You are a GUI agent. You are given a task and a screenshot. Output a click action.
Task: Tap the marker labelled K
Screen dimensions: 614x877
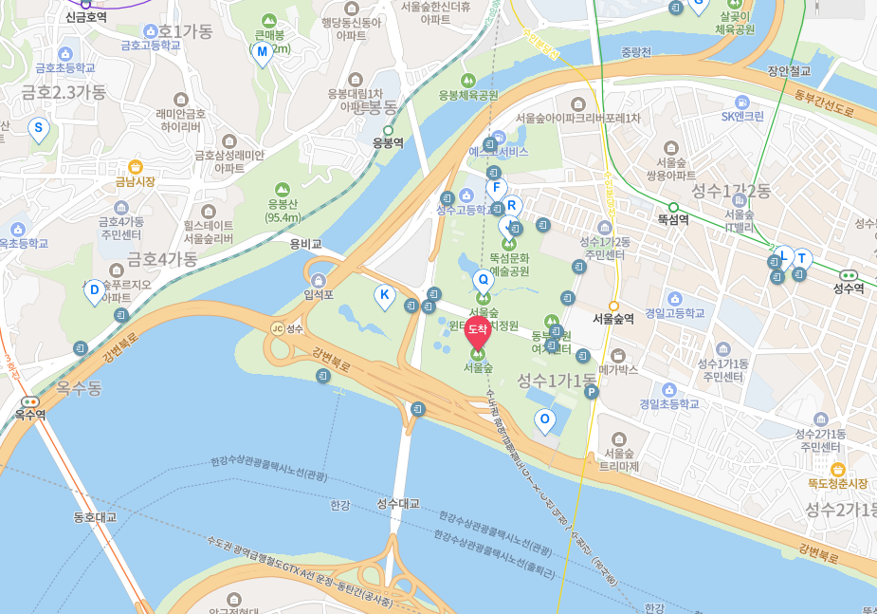(384, 295)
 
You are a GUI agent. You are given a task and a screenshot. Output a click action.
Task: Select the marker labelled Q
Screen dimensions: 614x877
(483, 280)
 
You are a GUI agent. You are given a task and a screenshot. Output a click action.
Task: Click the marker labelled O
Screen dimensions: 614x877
(544, 419)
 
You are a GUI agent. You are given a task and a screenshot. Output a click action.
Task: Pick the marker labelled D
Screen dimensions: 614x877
(94, 289)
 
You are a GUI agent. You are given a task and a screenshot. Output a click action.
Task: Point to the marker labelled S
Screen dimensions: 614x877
(39, 127)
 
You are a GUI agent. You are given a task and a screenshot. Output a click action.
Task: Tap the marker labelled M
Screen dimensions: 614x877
(263, 51)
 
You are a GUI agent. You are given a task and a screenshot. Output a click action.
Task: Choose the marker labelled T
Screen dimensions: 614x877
(803, 259)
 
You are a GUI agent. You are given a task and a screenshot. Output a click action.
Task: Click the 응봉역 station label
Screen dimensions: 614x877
(387, 143)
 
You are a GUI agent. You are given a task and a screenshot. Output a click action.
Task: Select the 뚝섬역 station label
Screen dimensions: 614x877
(672, 218)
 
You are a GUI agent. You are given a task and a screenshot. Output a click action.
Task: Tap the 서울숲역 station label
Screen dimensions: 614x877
(613, 319)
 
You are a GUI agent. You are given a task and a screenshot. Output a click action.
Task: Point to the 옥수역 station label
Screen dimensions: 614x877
(30, 414)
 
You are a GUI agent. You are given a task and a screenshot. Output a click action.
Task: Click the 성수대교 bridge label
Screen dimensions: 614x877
(398, 503)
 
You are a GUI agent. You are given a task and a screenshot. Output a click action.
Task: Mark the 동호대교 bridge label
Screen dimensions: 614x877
(95, 518)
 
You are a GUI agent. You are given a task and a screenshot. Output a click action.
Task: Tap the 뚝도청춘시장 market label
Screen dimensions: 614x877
(837, 482)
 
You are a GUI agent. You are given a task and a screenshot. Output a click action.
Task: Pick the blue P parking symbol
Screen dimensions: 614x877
(592, 391)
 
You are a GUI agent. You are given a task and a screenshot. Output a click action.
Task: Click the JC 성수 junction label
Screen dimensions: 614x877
(286, 328)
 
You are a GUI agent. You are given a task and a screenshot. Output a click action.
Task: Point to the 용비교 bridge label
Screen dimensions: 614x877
(306, 244)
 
